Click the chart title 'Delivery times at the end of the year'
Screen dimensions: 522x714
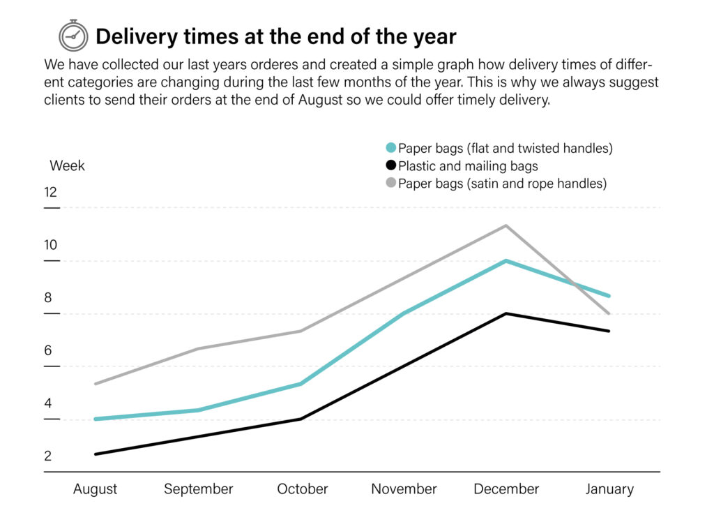tap(275, 36)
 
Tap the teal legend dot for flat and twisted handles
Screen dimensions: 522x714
tap(390, 148)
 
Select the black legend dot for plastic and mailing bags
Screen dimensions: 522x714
tap(390, 166)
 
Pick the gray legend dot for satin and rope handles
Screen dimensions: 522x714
tap(390, 184)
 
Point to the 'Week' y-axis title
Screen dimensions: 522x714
tap(67, 166)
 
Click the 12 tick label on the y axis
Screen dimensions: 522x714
tap(50, 192)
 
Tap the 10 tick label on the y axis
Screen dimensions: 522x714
tap(50, 245)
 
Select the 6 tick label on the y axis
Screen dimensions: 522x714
tap(48, 350)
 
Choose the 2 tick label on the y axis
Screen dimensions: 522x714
tap(48, 456)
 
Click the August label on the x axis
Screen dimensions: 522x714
tap(96, 489)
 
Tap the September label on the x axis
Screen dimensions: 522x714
tap(199, 489)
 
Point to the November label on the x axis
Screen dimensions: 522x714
tap(404, 489)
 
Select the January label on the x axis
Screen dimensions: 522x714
tap(609, 489)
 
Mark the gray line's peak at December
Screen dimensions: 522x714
tap(506, 225)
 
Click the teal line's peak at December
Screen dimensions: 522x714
tap(506, 261)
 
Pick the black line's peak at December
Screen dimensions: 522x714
tap(506, 314)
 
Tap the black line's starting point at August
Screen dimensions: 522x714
tap(96, 454)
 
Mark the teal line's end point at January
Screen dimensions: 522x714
tap(609, 296)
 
